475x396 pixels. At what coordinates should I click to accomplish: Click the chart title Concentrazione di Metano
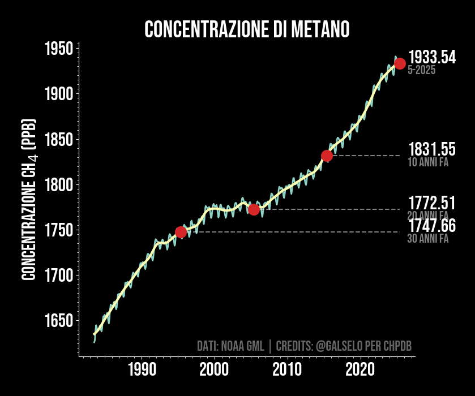pos(247,29)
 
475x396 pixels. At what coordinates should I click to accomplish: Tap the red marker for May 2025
pos(400,63)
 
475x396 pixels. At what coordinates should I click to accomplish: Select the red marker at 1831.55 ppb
pos(327,156)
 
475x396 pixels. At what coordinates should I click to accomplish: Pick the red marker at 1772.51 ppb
pos(254,209)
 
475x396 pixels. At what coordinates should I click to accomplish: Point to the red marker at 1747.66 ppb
pos(181,232)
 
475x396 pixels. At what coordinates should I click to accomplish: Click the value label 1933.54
pos(431,57)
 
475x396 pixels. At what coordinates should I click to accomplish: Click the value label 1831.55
pos(431,149)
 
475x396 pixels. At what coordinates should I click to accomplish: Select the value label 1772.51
pos(431,203)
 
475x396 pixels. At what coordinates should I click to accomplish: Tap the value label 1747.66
pos(431,226)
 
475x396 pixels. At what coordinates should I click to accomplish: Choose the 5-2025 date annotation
pos(421,71)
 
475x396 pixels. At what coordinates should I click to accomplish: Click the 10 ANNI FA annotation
pos(427,162)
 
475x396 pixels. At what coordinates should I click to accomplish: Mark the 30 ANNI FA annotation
pos(427,239)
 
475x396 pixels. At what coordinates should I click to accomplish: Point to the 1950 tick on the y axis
pos(58,49)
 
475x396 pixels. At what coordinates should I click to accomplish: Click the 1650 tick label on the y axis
pos(58,321)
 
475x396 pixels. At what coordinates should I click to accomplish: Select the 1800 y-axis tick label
pos(58,185)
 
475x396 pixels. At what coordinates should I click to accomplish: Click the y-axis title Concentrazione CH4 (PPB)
pos(29,200)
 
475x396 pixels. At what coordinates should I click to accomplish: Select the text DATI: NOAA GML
pos(230,346)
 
